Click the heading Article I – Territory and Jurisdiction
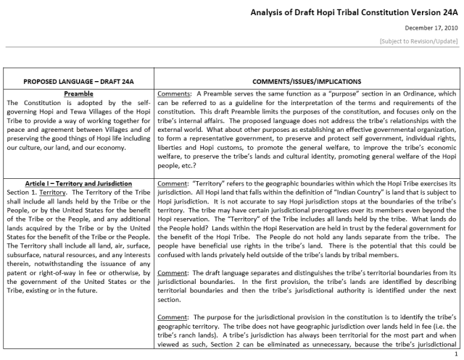[77, 185]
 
